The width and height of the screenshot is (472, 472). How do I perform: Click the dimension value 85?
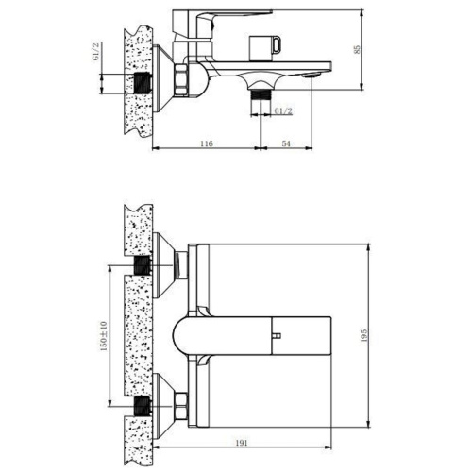[x=357, y=50]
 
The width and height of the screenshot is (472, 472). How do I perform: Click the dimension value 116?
[x=207, y=143]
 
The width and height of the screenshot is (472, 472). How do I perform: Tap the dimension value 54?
[x=286, y=143]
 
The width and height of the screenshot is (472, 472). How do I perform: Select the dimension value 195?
[x=364, y=335]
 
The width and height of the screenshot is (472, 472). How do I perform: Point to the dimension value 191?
[x=242, y=443]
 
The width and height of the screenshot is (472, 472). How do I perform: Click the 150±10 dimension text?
[x=104, y=336]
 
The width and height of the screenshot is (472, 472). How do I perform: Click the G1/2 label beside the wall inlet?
[x=96, y=52]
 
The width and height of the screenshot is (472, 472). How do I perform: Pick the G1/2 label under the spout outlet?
[x=283, y=110]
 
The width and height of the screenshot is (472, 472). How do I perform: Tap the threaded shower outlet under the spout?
[x=261, y=93]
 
